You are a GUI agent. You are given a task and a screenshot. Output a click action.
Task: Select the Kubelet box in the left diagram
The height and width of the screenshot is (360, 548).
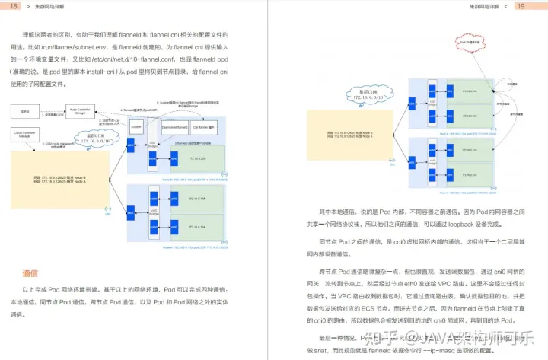137,127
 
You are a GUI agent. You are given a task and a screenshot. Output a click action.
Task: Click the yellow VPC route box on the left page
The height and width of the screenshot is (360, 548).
52,179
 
